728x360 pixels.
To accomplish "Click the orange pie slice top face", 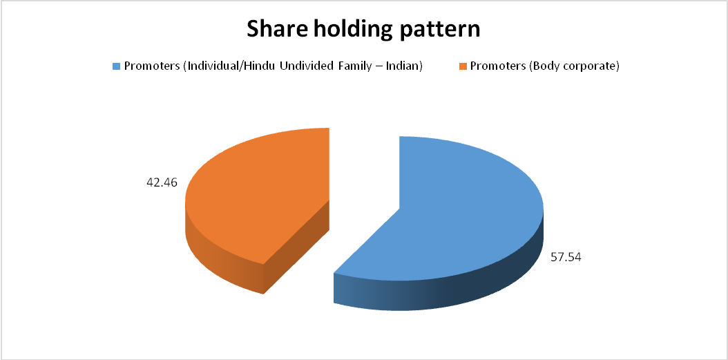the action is tap(260, 195).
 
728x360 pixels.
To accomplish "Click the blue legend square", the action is tap(116, 66).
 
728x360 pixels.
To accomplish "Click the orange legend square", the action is tap(463, 66).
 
